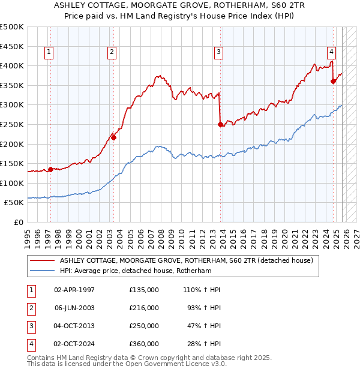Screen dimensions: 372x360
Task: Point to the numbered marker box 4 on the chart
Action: pos(331,52)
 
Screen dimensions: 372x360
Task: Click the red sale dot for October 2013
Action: pos(220,124)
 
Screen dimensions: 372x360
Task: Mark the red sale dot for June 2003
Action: pos(113,137)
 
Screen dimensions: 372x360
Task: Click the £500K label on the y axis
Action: pos(11,27)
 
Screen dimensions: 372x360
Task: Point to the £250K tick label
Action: pos(11,124)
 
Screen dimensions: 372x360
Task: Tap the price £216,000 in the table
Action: pos(143,308)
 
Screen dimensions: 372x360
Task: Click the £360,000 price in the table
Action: pos(143,344)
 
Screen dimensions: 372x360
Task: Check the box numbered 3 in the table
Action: pos(30,326)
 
